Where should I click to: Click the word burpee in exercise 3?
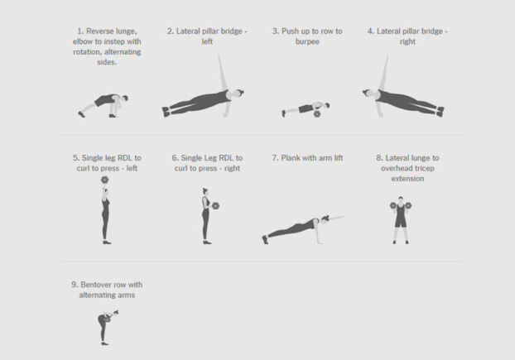[307, 41]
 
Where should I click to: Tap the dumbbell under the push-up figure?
[317, 114]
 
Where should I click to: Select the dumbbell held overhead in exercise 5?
[105, 180]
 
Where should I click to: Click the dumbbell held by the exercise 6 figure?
[215, 206]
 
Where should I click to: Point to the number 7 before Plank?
[275, 158]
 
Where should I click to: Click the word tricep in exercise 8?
[424, 168]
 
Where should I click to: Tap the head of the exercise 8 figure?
[401, 199]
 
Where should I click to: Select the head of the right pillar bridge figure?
[368, 94]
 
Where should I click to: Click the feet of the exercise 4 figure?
[440, 111]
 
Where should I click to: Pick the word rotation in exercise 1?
[86, 52]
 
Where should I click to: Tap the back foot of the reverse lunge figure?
[81, 114]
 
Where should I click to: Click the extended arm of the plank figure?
[336, 218]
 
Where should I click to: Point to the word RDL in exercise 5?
[124, 158]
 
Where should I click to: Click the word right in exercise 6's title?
[232, 169]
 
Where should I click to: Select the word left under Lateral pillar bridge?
[207, 41]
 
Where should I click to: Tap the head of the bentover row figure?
[116, 313]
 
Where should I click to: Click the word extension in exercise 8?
[407, 179]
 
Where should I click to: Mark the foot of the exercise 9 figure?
[105, 343]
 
